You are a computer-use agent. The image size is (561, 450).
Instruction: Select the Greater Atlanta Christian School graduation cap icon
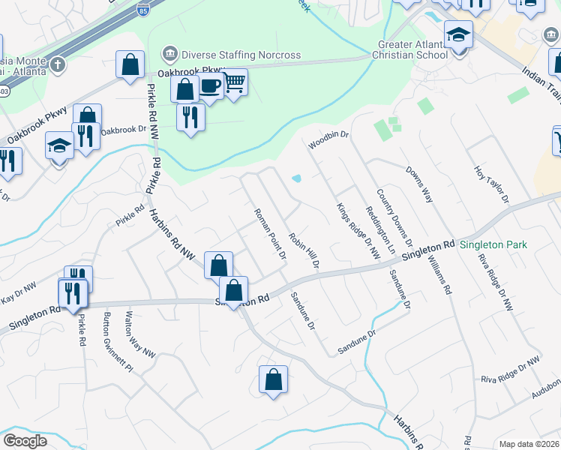click(x=457, y=35)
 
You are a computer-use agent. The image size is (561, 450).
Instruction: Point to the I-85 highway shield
click(x=142, y=8)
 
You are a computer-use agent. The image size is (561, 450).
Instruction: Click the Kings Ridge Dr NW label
click(x=358, y=232)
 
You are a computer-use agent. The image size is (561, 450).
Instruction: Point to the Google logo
click(x=25, y=441)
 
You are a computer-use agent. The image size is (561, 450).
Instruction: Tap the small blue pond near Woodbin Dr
click(x=297, y=178)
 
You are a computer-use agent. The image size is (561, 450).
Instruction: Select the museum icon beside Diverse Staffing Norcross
click(x=169, y=55)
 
